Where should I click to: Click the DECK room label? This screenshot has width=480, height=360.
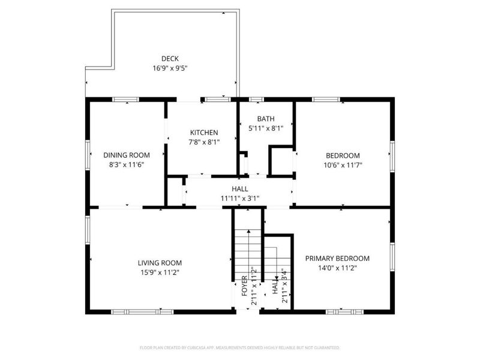[170, 58]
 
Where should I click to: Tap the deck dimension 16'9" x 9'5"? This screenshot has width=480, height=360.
[170, 68]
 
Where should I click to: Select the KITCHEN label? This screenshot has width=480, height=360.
[204, 133]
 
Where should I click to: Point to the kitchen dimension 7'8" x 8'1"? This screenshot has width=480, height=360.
[204, 142]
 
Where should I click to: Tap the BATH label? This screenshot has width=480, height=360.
[266, 118]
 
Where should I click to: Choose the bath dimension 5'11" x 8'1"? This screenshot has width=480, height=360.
[266, 128]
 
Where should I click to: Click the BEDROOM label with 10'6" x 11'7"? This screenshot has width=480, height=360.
[343, 155]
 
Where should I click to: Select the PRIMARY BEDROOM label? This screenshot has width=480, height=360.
[337, 259]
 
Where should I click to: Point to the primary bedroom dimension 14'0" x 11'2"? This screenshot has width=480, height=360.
[337, 268]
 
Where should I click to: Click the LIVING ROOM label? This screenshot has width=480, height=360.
[160, 263]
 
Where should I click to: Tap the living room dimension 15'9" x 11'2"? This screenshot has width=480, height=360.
[160, 272]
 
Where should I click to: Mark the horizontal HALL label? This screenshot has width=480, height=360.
[239, 189]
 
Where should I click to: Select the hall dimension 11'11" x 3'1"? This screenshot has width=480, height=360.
[239, 199]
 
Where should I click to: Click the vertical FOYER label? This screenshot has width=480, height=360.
[244, 284]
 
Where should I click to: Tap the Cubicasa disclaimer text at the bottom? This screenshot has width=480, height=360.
[239, 347]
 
